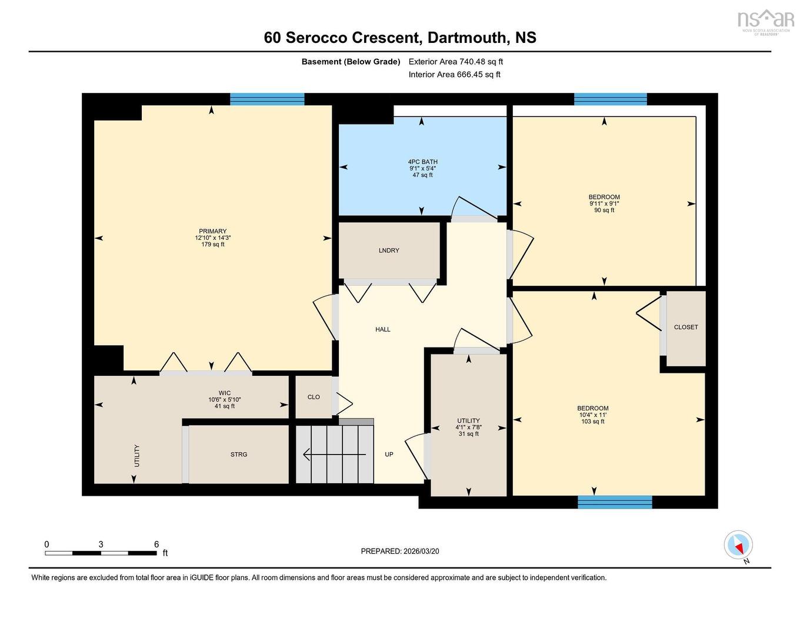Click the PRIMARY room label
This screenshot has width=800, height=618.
click(x=212, y=231)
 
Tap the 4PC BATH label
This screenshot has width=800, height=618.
click(x=422, y=162)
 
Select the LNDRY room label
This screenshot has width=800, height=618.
click(x=389, y=250)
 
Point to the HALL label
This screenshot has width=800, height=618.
click(x=383, y=329)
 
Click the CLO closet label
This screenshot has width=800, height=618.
click(x=314, y=397)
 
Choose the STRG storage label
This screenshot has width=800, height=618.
click(x=239, y=455)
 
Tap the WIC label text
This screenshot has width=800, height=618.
click(x=225, y=393)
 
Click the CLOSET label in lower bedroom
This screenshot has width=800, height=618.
click(x=686, y=327)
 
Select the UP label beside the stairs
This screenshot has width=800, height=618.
click(x=389, y=455)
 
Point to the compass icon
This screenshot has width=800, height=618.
click(x=738, y=544)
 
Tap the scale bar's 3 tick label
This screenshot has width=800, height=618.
click(x=101, y=544)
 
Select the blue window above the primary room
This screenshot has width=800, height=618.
click(x=267, y=99)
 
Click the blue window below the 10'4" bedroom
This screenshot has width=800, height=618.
click(x=615, y=502)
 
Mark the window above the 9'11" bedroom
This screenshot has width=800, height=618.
click(x=610, y=99)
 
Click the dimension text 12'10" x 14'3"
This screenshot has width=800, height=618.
click(x=212, y=238)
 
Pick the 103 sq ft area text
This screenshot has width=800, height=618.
click(x=592, y=421)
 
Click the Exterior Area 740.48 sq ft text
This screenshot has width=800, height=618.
click(x=456, y=61)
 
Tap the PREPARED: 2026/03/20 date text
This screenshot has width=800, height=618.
click(x=400, y=551)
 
